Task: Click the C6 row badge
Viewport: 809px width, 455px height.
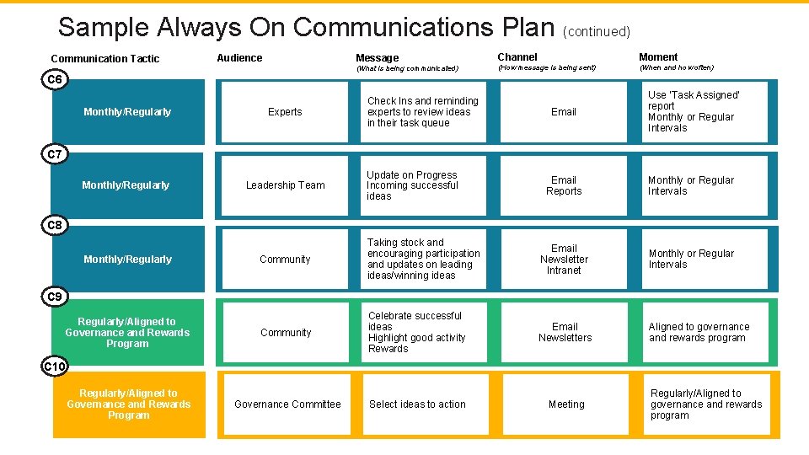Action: click(x=55, y=80)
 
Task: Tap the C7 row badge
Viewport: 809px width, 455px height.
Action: click(x=55, y=154)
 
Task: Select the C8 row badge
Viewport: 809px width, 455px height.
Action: click(x=55, y=226)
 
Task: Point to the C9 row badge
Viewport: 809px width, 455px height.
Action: click(x=55, y=297)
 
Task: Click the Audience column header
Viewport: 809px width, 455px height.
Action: click(x=239, y=58)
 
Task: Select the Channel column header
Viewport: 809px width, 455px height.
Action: click(x=517, y=57)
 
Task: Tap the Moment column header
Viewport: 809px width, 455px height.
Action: click(x=658, y=57)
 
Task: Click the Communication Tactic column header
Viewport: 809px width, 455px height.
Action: click(x=105, y=59)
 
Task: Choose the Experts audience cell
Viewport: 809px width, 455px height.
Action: click(x=285, y=112)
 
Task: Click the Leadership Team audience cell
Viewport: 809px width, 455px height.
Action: click(x=285, y=185)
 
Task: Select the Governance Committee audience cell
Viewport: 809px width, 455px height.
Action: click(x=287, y=404)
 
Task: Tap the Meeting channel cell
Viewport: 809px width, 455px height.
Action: click(x=566, y=404)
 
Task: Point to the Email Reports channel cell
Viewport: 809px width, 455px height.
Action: click(x=564, y=185)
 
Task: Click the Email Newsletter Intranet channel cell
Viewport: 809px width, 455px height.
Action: click(x=564, y=260)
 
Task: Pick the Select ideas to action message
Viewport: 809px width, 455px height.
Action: click(x=417, y=404)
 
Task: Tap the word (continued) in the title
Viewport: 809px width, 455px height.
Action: click(x=597, y=32)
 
